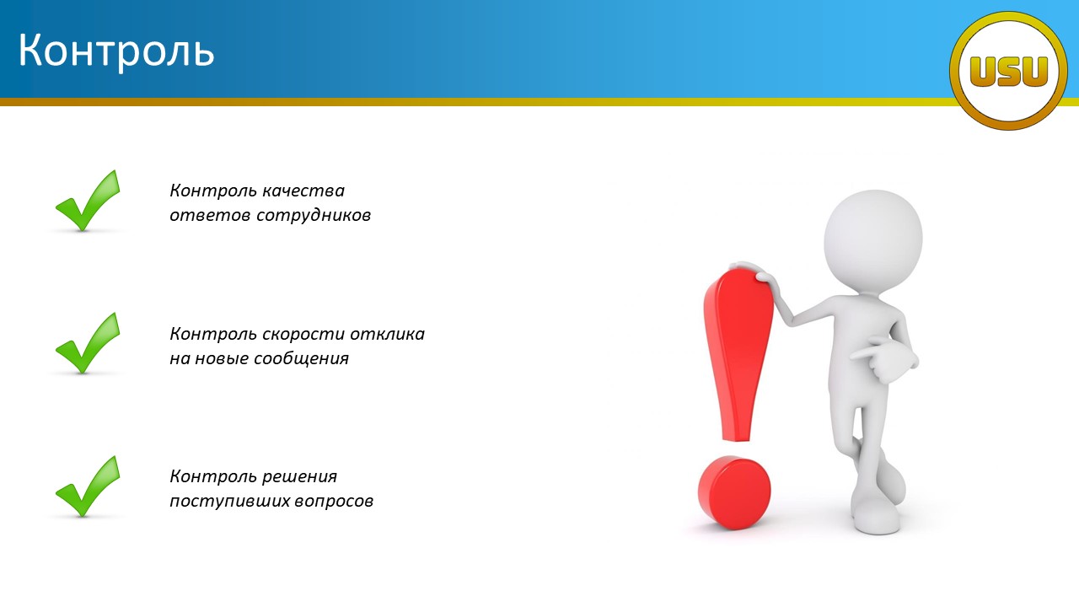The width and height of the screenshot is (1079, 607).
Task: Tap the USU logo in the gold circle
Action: pyautogui.click(x=1008, y=71)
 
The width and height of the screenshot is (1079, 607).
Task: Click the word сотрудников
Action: pyautogui.click(x=314, y=216)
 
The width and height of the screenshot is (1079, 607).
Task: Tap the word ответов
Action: pyautogui.click(x=210, y=216)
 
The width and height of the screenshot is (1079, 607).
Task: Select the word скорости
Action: pyautogui.click(x=303, y=335)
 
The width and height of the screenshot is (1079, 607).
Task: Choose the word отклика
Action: pyautogui.click(x=387, y=335)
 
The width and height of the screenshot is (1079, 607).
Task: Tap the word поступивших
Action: pyautogui.click(x=228, y=502)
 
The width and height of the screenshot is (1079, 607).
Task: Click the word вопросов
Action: pyautogui.click(x=333, y=502)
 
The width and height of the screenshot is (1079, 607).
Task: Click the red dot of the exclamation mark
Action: pyautogui.click(x=734, y=492)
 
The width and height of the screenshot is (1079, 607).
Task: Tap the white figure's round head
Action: pyautogui.click(x=872, y=239)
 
